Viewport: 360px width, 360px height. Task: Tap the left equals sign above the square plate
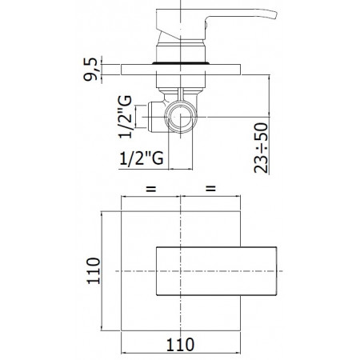pyautogui.click(x=150, y=190)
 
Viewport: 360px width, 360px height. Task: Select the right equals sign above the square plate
pyautogui.click(x=212, y=190)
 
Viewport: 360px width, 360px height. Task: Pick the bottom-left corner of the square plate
pyautogui.click(x=122, y=331)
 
